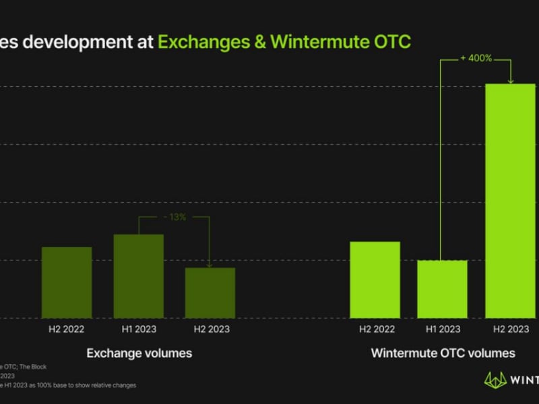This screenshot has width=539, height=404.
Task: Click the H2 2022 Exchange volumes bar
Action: click(67, 282)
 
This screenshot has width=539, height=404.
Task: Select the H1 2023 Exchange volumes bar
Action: click(138, 276)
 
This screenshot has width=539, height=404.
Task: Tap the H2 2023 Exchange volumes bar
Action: click(210, 293)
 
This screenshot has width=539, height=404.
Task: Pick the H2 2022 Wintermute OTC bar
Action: click(375, 279)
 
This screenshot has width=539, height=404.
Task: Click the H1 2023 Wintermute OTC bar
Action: click(442, 289)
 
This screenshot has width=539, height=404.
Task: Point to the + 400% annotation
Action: click(476, 59)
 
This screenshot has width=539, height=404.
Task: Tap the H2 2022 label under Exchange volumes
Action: click(67, 329)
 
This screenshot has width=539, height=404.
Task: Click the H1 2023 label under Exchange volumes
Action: click(139, 329)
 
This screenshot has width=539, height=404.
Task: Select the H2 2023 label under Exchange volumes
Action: click(211, 329)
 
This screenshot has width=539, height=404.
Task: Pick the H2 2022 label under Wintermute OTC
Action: click(375, 329)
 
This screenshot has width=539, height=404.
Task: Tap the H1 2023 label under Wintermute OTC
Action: click(443, 329)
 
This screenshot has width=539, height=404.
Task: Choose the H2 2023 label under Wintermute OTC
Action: click(511, 329)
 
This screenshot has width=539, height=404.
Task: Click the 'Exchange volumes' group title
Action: click(139, 353)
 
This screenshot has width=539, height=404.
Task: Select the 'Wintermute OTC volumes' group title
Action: click(443, 353)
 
